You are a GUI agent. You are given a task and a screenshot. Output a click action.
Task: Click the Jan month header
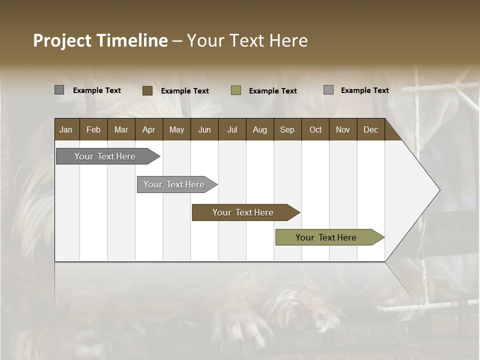(66, 130)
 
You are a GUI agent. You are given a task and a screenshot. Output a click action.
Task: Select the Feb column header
(93, 130)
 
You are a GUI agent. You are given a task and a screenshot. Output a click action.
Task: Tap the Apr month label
(148, 130)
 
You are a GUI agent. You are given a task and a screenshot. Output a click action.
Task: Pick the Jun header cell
(204, 130)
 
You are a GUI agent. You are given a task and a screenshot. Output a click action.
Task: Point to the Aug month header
(259, 130)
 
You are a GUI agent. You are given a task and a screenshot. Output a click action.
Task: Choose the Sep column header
(287, 130)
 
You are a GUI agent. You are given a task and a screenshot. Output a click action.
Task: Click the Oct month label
(315, 130)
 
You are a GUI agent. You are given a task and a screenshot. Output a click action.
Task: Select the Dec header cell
(370, 130)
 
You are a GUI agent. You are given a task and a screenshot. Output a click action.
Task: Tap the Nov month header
(342, 130)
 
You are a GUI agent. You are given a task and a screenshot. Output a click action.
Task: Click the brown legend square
(147, 90)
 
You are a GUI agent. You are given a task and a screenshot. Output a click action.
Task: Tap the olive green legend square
(236, 90)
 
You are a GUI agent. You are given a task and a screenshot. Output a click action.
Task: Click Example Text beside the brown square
(184, 91)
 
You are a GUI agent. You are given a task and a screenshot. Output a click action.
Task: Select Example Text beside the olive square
(272, 91)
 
